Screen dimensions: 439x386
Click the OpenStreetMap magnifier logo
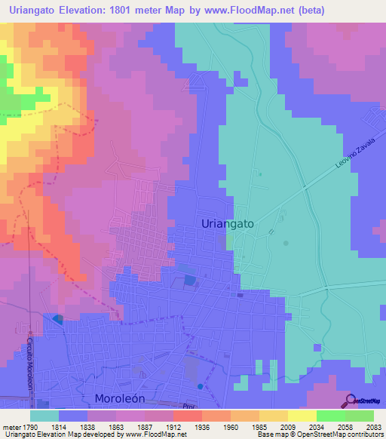349,401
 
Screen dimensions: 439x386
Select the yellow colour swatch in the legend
302,416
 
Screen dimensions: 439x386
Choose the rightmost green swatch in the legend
360,416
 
